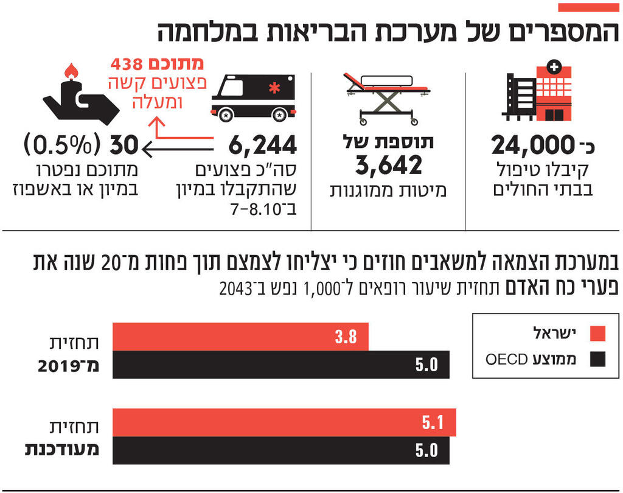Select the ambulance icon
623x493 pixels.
[x=253, y=97]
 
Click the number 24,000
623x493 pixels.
[x=533, y=146]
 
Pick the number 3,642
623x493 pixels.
[x=388, y=165]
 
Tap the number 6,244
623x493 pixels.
[x=263, y=146]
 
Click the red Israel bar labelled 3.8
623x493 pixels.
[x=240, y=337]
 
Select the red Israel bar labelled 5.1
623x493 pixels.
[x=284, y=422]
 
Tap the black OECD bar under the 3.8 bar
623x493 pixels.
[x=281, y=365]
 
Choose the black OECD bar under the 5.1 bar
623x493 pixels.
[x=281, y=450]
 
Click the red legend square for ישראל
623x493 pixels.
[x=598, y=334]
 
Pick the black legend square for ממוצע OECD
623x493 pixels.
[x=598, y=360]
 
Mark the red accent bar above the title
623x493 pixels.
[x=588, y=7]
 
